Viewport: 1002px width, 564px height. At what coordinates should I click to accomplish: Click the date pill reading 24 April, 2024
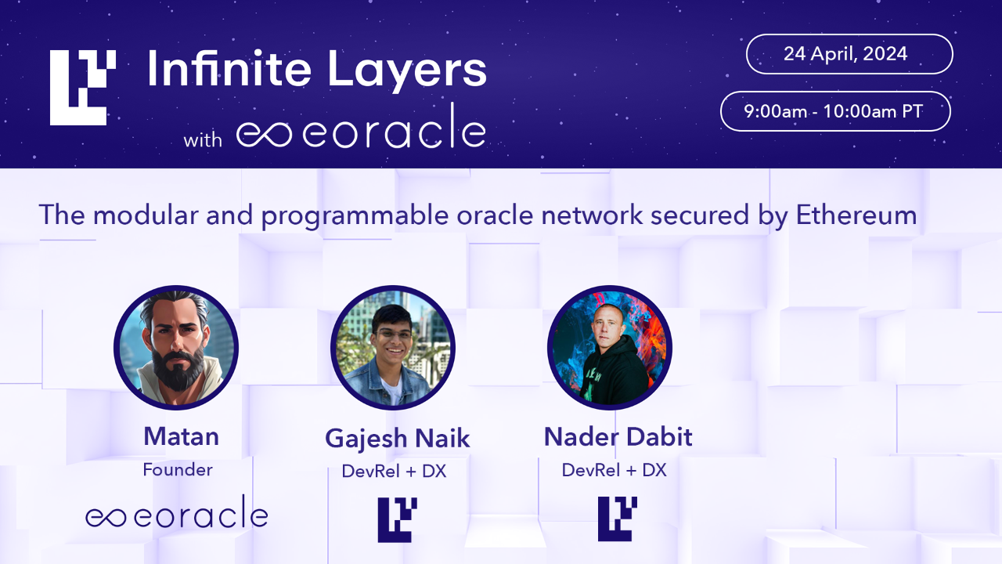coord(849,54)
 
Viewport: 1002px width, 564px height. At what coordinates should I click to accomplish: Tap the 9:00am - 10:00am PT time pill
coord(835,111)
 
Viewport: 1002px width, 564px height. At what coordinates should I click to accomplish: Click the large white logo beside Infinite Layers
coord(83,88)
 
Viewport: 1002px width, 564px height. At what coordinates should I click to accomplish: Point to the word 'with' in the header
coord(203,141)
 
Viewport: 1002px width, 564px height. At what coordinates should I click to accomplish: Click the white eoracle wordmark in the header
coord(361,134)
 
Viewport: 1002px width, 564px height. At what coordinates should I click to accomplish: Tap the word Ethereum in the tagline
coord(856,215)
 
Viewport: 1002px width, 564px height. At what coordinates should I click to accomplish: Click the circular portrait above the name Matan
coord(176,348)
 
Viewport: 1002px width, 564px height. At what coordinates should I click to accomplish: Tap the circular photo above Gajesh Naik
coord(393,348)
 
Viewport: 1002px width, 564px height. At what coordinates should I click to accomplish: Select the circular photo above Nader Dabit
coord(610,348)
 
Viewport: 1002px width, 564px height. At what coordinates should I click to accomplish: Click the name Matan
coord(181,436)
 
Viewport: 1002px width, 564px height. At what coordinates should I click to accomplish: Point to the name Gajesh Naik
coord(398,439)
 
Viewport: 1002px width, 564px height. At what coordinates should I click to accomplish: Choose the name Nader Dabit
coord(618,436)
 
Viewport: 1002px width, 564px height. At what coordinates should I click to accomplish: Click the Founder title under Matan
coord(178,470)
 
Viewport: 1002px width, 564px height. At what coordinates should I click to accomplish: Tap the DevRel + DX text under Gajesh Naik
coord(394,472)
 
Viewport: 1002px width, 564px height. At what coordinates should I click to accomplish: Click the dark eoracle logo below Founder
coord(177,515)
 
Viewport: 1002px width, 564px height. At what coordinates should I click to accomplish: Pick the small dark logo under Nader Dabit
coord(618,519)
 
